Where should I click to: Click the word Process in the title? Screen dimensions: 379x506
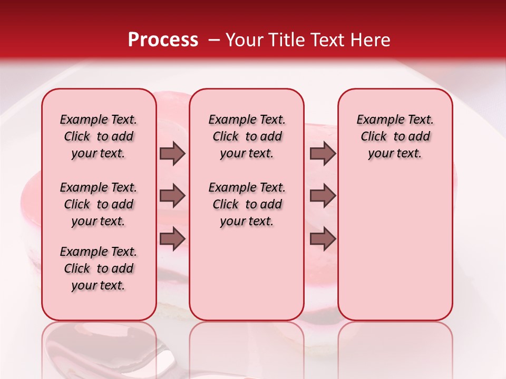[163, 40]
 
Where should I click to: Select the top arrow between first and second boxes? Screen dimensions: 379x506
[172, 154]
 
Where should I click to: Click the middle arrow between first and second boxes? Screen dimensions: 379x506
[172, 196]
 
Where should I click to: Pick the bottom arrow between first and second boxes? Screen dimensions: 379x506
[172, 239]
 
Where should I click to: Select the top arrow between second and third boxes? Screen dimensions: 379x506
[323, 154]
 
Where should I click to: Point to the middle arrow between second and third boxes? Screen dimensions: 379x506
[323, 196]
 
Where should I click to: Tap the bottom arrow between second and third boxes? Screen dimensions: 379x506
[323, 239]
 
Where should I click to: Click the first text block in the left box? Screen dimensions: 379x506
[99, 136]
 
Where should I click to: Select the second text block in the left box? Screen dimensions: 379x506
[99, 204]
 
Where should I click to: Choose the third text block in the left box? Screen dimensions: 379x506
[99, 268]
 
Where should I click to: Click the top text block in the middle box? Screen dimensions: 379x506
[247, 136]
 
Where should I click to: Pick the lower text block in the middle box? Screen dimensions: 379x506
[247, 204]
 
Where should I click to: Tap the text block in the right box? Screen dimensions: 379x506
[395, 136]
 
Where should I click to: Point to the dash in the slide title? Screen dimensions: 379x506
[213, 40]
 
